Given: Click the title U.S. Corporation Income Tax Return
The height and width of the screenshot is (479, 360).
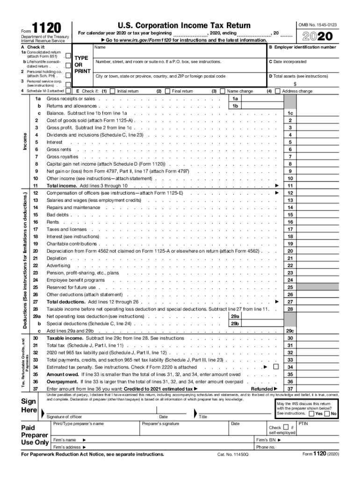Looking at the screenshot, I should click(x=184, y=25).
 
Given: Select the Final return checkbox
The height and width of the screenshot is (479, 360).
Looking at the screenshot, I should click(x=167, y=91).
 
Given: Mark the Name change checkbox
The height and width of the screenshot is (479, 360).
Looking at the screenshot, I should click(x=223, y=91).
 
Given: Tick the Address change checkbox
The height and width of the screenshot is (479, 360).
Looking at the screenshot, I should click(x=278, y=91).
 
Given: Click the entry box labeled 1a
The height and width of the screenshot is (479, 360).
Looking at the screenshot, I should click(x=235, y=99).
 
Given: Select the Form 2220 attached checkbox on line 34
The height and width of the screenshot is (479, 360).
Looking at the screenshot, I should click(x=275, y=367).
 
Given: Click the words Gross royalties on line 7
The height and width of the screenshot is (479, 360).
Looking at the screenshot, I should click(x=63, y=157).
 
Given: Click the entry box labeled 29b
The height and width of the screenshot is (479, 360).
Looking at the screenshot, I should click(x=235, y=324).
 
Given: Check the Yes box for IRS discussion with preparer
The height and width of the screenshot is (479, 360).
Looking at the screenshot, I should click(x=312, y=414).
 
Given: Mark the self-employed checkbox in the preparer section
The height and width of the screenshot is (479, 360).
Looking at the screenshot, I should click(x=286, y=427).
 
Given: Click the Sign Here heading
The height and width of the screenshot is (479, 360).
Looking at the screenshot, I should click(x=29, y=406).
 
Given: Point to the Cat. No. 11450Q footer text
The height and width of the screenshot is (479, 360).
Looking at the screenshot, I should click(x=233, y=454).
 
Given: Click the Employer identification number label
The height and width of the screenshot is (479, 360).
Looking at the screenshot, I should click(x=302, y=47).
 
